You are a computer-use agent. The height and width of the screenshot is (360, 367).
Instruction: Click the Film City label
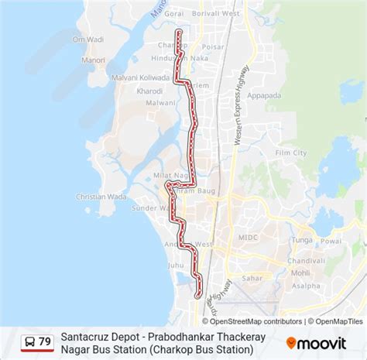click(x=294, y=153)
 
